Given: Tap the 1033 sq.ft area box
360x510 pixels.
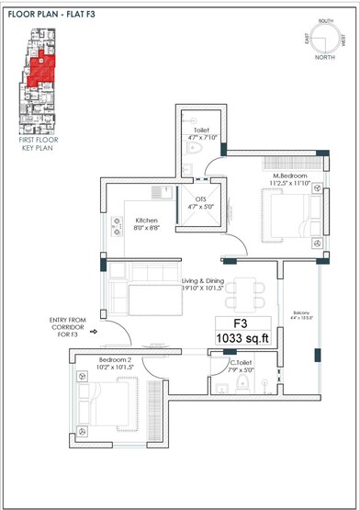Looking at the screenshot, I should pyautogui.click(x=242, y=339).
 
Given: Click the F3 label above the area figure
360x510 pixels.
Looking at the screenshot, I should pyautogui.click(x=242, y=323).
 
